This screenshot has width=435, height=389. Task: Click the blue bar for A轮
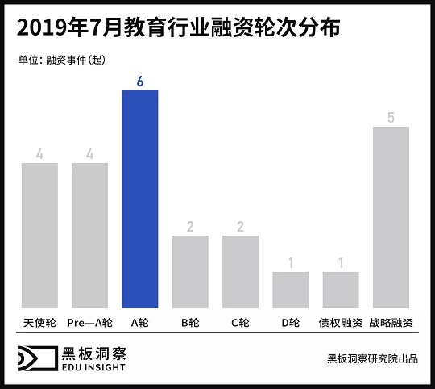click(x=139, y=199)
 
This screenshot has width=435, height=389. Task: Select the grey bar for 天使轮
click(x=39, y=236)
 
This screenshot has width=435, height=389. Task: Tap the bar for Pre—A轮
click(x=89, y=236)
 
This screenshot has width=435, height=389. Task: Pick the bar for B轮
click(x=190, y=272)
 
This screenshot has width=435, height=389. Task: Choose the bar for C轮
click(x=240, y=272)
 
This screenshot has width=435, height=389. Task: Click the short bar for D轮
click(x=290, y=290)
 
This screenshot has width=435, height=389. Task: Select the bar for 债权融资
click(x=341, y=290)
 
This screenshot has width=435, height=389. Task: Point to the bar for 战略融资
click(x=391, y=217)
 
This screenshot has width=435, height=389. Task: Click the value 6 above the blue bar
click(x=139, y=81)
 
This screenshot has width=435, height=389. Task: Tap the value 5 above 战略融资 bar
click(x=391, y=118)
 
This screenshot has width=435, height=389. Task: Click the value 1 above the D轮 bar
click(x=290, y=262)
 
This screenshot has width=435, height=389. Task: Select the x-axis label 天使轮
click(x=39, y=322)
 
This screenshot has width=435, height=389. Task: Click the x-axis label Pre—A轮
click(x=89, y=322)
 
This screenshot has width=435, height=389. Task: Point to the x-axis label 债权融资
click(x=341, y=322)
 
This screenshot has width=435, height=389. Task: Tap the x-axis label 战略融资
click(x=391, y=322)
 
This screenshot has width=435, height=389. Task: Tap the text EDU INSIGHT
click(x=93, y=368)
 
